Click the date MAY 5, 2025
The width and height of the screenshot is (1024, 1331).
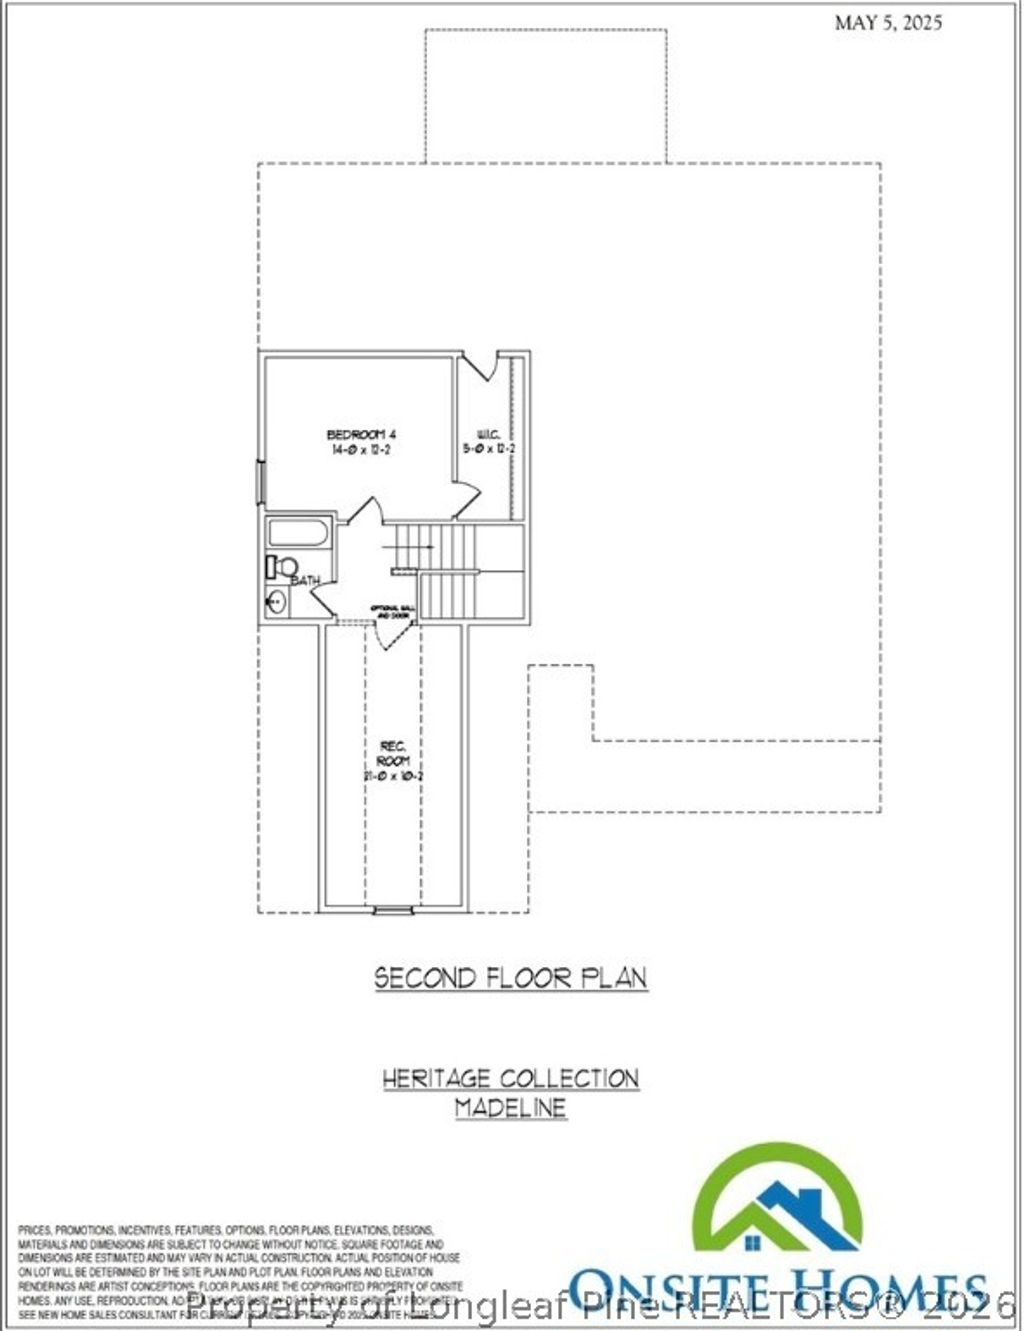888,23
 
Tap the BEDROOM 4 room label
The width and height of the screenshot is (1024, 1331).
362,434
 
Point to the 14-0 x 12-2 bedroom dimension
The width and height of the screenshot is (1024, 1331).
362,451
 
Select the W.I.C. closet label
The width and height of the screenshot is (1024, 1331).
488,434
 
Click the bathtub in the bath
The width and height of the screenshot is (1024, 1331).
297,532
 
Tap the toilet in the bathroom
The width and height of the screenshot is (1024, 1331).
280,567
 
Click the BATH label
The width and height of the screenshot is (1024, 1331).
305,581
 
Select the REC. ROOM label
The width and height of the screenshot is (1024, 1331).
393,753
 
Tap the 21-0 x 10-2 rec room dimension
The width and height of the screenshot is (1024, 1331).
393,776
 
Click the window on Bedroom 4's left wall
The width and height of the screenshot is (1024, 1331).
261,482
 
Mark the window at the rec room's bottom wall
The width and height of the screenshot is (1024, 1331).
386,910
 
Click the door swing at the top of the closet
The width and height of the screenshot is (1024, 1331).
482,366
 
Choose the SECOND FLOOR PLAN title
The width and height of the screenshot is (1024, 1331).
511,978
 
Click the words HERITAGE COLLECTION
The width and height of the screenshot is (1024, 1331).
511,1079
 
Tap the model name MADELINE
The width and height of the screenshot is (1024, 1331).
511,1108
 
